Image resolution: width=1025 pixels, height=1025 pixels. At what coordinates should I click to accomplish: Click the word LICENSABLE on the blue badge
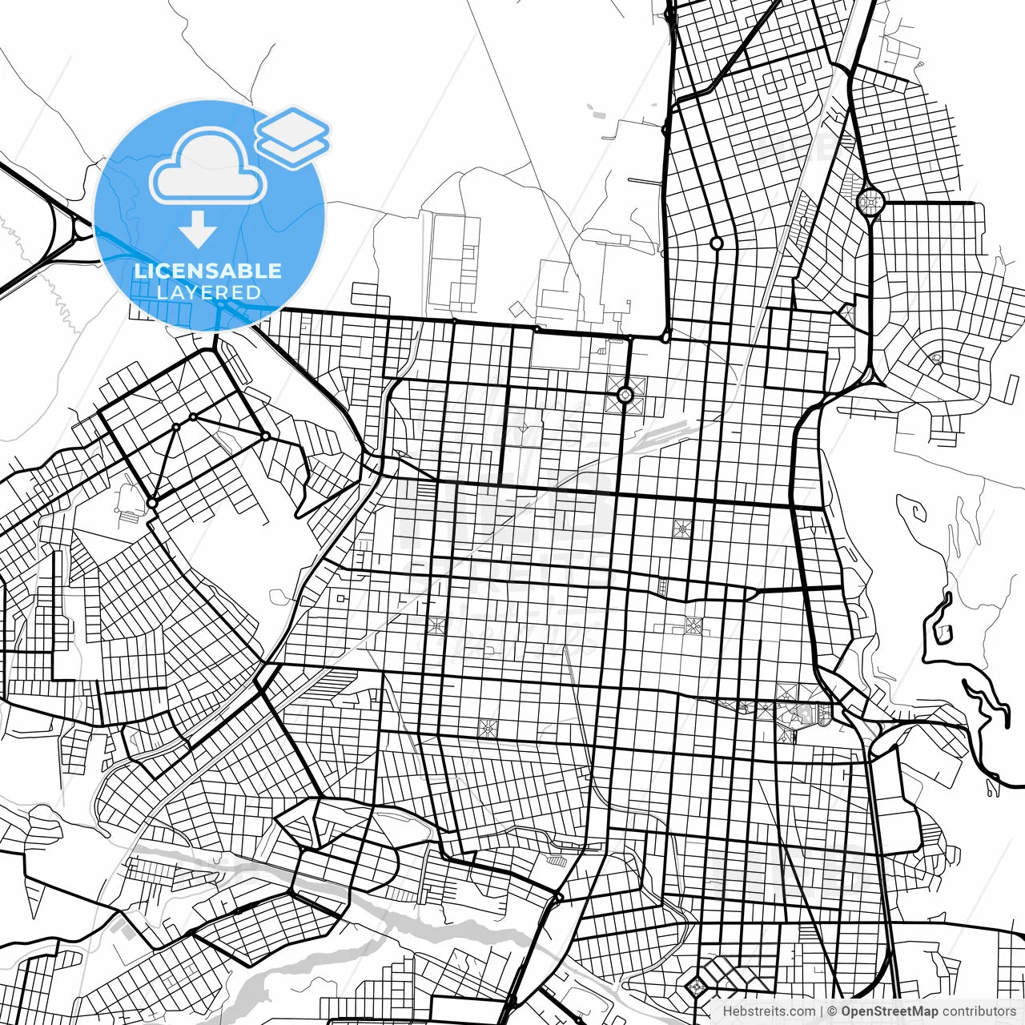click(x=208, y=271)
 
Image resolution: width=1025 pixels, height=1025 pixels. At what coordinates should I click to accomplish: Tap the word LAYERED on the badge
click(x=208, y=292)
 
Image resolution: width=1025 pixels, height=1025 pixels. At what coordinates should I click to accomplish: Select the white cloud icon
click(x=207, y=167)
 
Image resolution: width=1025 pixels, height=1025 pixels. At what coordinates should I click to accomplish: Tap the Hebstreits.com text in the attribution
click(x=769, y=1011)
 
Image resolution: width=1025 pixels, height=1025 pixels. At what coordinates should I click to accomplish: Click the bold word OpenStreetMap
click(x=889, y=1011)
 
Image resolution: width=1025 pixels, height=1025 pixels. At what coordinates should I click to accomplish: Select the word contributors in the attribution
click(x=979, y=1011)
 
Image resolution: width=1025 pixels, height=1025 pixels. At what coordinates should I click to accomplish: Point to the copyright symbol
click(x=833, y=1011)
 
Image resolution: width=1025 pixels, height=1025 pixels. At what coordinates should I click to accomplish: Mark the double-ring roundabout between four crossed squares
click(x=625, y=394)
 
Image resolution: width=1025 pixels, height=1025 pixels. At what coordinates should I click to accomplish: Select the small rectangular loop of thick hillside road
click(x=943, y=633)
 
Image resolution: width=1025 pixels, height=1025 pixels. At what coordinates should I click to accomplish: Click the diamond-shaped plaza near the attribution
click(x=695, y=986)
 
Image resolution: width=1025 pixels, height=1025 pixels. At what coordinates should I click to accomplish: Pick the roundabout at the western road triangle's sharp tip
click(x=151, y=503)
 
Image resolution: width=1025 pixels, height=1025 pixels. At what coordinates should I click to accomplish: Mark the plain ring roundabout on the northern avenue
click(x=716, y=243)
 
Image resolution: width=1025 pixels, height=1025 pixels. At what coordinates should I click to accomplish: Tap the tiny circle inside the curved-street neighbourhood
click(x=936, y=358)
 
